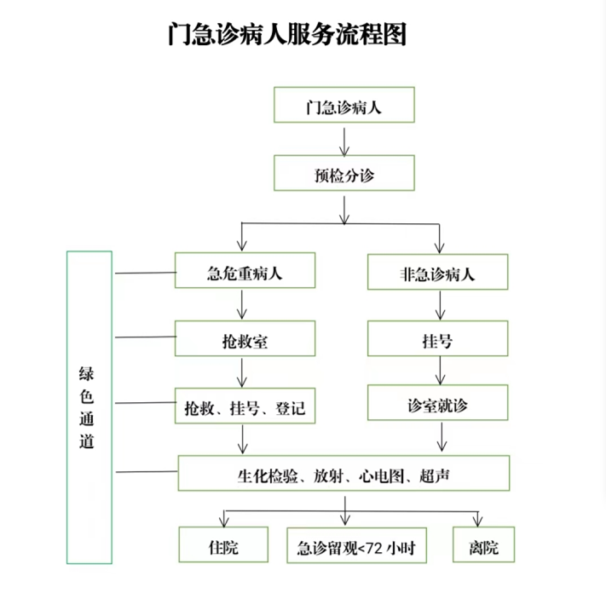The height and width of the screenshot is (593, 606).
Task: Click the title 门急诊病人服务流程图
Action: tap(286, 34)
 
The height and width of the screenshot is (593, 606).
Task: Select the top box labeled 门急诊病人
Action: tap(344, 105)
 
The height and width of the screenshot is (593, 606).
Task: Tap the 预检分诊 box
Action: tap(344, 173)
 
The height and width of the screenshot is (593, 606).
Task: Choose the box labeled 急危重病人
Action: tap(245, 270)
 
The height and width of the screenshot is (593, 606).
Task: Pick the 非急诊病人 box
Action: tap(437, 272)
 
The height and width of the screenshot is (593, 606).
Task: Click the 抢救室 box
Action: tap(245, 338)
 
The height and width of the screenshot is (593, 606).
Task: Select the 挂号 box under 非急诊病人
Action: tap(437, 338)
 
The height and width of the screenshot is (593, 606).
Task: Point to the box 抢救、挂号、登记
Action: tap(245, 406)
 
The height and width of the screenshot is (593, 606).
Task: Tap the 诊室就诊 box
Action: tap(437, 402)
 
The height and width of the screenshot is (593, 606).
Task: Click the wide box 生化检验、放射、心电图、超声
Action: tap(343, 473)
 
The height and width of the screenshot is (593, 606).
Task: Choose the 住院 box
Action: tap(223, 544)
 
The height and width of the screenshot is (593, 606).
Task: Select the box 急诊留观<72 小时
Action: tap(357, 545)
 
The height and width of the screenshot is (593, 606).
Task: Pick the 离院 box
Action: tap(483, 544)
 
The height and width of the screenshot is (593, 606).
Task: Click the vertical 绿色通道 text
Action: tap(87, 407)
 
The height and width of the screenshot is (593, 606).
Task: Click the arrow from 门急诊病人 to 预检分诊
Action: tap(344, 141)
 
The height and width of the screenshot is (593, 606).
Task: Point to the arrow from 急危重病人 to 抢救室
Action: tap(242, 305)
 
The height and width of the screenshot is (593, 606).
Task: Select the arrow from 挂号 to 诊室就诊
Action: tap(440, 371)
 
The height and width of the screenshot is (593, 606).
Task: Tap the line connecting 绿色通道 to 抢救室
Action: tap(146, 337)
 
